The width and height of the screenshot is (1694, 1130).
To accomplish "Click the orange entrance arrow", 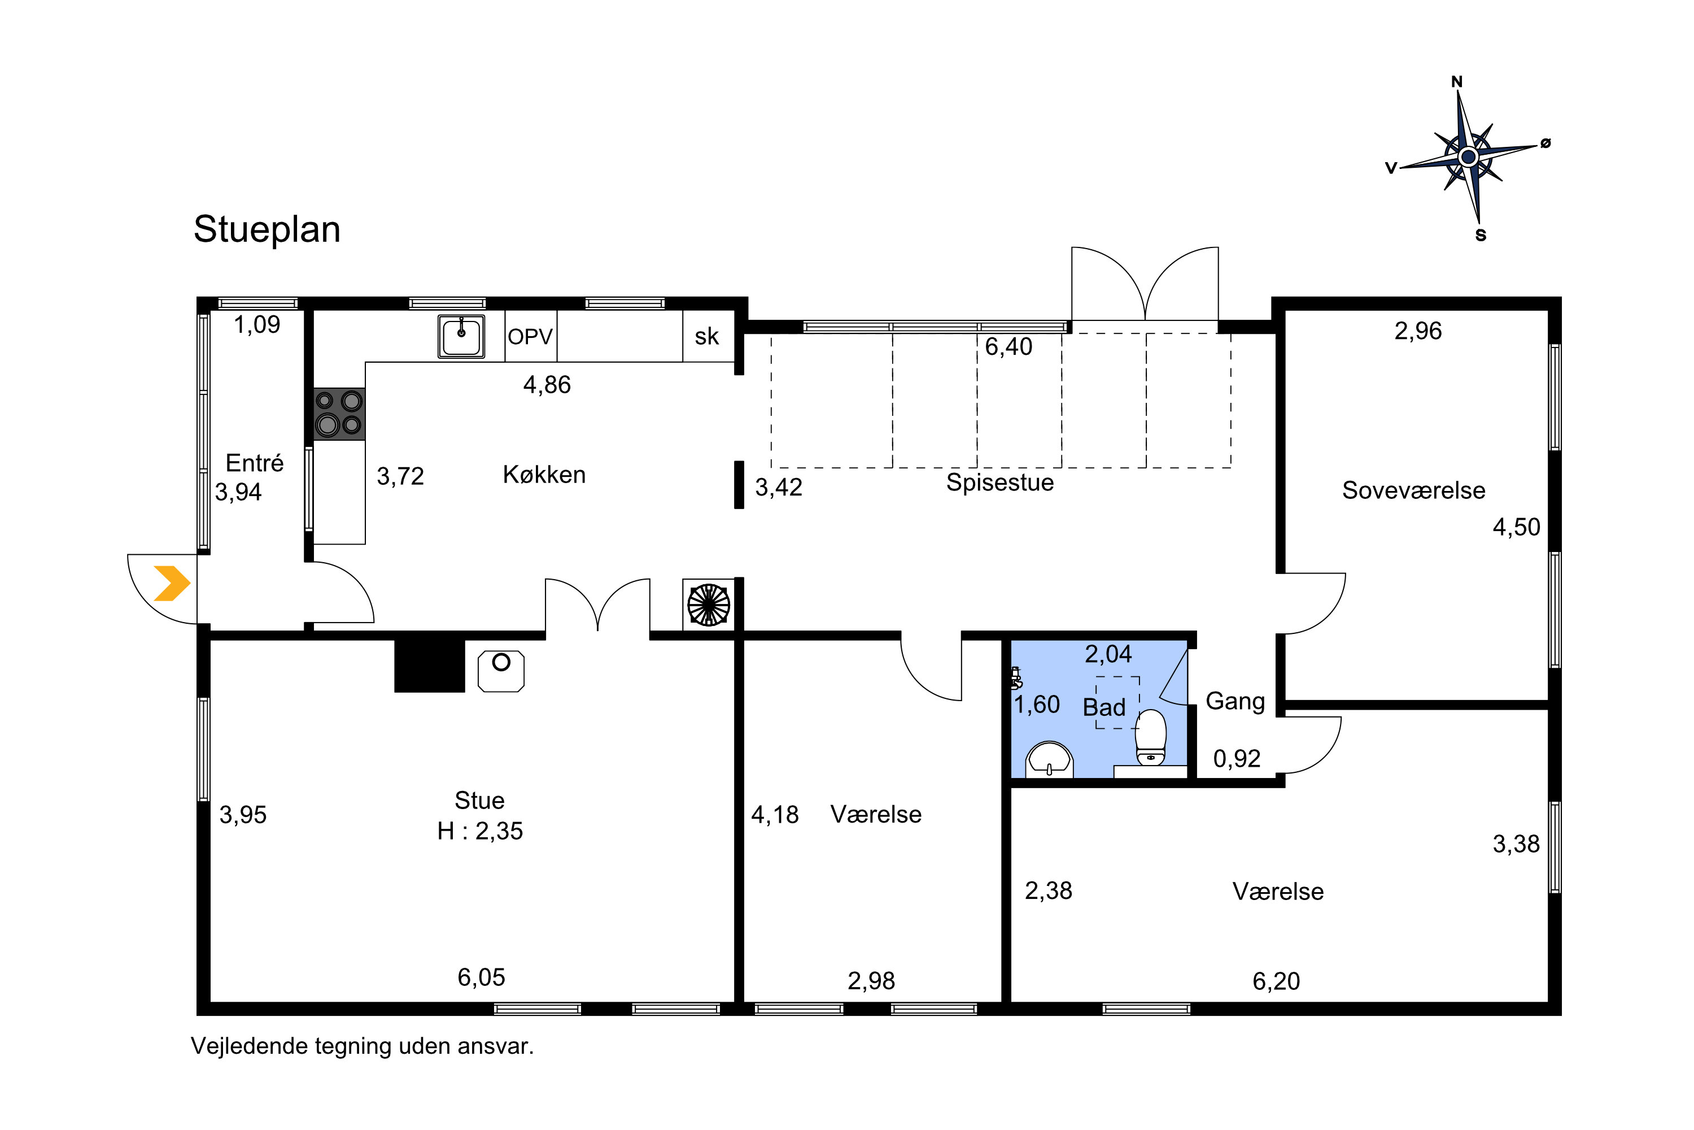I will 172,583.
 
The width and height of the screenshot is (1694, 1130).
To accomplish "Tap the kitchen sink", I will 461,337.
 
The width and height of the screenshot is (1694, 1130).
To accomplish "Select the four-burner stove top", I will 339,414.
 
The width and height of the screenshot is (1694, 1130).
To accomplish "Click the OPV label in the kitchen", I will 530,337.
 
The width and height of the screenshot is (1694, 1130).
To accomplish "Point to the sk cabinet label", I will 706,337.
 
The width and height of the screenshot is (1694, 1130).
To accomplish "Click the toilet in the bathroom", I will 1151,737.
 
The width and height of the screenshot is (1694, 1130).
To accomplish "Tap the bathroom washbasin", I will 1049,760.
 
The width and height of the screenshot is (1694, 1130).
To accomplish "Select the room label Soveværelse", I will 1413,490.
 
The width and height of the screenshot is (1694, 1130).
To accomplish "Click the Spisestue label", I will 999,482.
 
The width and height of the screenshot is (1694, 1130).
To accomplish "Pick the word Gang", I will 1235,701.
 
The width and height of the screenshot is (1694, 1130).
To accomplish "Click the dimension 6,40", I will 1008,347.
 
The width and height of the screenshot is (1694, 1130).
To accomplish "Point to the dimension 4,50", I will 1516,527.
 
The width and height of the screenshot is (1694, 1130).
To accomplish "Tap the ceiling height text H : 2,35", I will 479,831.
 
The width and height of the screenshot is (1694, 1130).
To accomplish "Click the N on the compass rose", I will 1456,82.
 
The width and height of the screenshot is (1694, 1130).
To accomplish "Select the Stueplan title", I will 267,230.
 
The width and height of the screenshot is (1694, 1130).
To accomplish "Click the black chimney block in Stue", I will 429,665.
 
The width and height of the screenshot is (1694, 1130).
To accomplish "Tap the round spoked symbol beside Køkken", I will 709,604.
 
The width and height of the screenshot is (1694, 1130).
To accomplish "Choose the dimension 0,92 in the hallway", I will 1237,758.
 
